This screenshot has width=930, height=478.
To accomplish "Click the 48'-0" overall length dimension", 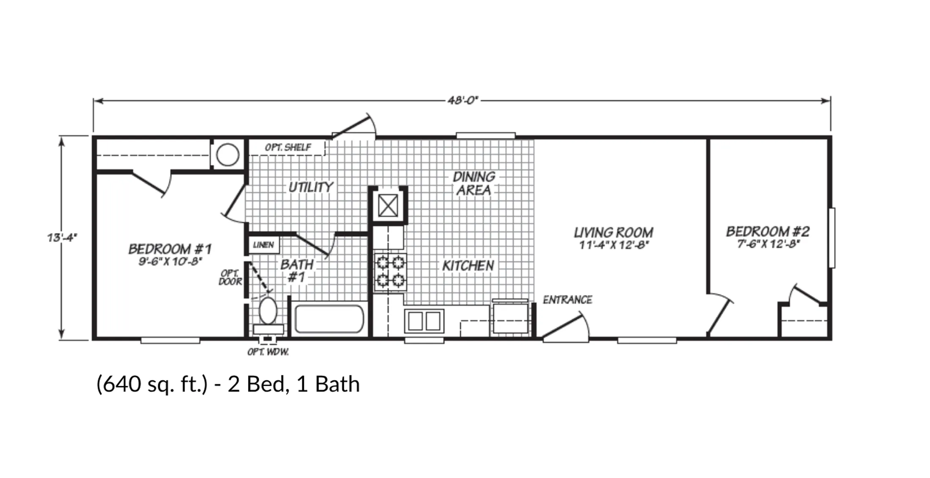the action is [x=463, y=101].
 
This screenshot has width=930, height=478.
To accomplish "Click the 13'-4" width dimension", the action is [x=62, y=238].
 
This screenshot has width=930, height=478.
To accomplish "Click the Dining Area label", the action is [x=474, y=183].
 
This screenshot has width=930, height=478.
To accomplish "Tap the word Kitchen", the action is [x=468, y=266].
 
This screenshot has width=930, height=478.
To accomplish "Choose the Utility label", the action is [x=311, y=187].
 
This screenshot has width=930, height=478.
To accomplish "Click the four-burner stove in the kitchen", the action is [x=390, y=272].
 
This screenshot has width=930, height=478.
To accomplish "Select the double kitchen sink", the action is [x=424, y=321].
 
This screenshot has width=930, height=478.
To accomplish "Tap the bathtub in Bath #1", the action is [x=329, y=319].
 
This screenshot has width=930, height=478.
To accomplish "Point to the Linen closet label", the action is [x=263, y=245].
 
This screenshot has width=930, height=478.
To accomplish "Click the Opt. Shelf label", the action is [x=288, y=147].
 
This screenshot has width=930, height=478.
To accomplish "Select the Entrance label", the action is [x=567, y=300].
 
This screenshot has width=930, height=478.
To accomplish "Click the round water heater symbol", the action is [x=228, y=155].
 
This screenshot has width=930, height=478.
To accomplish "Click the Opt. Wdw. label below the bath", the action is [x=268, y=352].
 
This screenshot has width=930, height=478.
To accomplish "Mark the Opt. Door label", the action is [x=230, y=278].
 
